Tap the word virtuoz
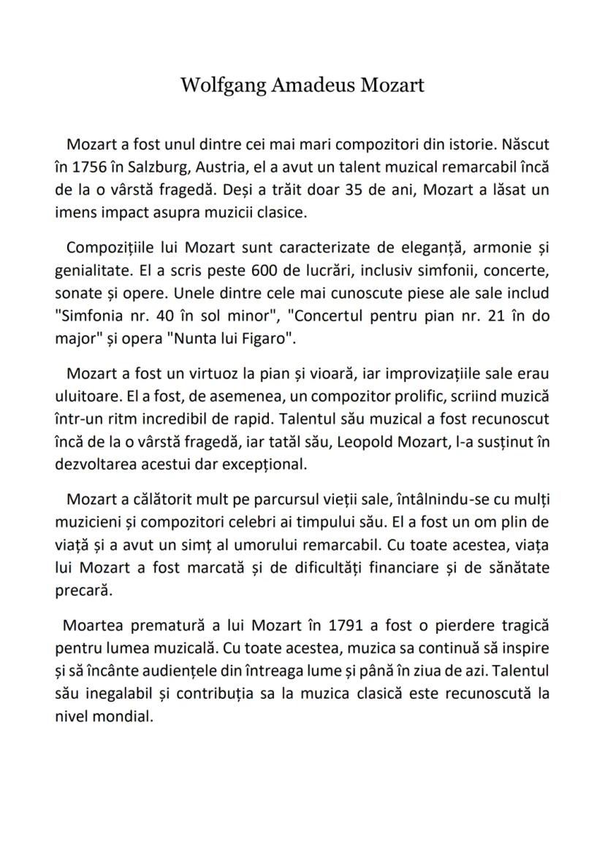pyautogui.click(x=215, y=373)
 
